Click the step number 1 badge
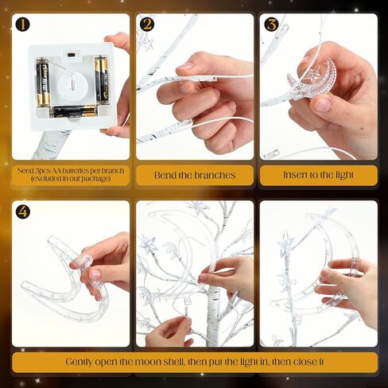click(x=22, y=25)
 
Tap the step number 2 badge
click(x=147, y=25)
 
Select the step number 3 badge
click(x=271, y=25)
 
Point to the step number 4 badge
click(x=23, y=211)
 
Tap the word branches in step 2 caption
click(x=215, y=175)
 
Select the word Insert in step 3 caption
click(x=293, y=175)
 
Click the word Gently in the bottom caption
click(x=79, y=363)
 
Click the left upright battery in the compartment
click(x=43, y=83)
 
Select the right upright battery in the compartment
click(x=102, y=79)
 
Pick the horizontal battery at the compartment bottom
click(x=75, y=111)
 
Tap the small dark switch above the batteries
click(x=72, y=55)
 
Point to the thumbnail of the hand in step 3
click(x=323, y=105)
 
